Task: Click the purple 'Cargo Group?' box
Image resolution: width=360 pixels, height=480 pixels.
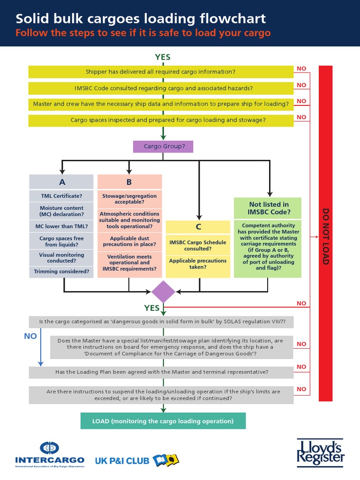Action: pos(163,146)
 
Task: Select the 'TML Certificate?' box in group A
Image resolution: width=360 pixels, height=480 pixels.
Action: pos(61,196)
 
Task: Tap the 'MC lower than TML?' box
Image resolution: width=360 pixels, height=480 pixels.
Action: pos(61,226)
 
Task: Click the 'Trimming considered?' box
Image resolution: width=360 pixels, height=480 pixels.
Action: pos(61,271)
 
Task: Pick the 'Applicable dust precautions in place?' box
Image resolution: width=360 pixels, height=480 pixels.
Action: pos(130,241)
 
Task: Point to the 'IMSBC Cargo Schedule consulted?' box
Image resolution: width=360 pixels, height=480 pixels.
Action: pos(197,245)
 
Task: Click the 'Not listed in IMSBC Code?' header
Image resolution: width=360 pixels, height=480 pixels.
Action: pos(269,208)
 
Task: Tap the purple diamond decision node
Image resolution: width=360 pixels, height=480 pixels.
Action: pos(163,292)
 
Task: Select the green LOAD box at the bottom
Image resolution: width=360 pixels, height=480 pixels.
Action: pos(163,421)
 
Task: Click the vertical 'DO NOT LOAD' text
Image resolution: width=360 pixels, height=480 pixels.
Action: pos(325,237)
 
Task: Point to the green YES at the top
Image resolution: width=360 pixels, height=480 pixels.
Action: pos(163,57)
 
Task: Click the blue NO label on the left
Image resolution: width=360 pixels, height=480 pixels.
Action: pos(30,336)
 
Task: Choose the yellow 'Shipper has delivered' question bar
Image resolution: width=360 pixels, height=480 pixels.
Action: pos(161,72)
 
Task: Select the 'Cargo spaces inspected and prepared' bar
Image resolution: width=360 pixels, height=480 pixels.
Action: pos(161,120)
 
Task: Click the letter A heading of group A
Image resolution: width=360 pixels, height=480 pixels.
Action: pos(61,182)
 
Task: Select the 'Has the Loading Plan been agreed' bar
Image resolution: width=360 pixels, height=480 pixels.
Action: pos(161,372)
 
